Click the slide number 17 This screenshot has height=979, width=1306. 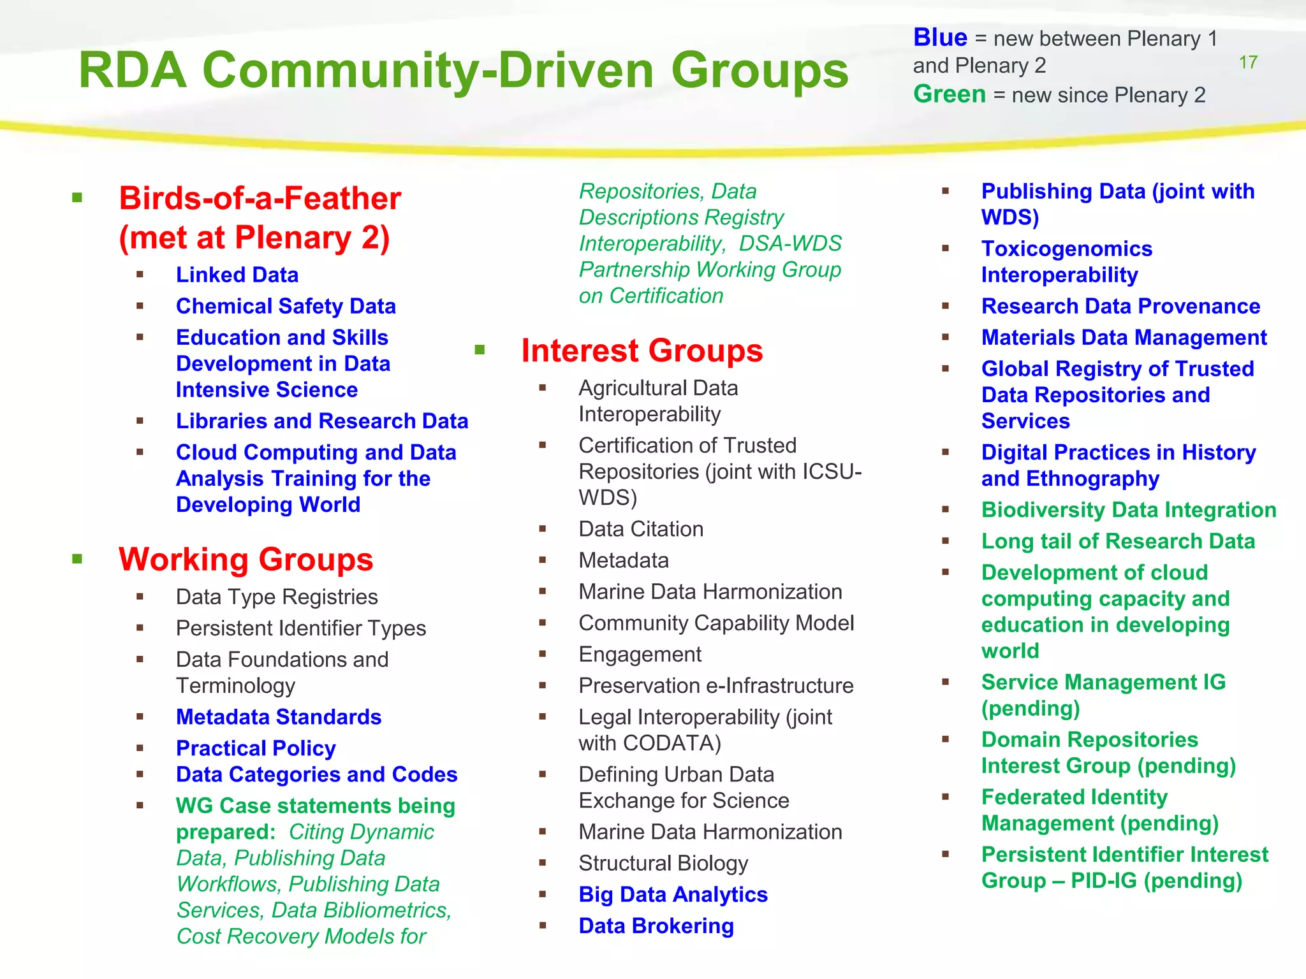[1248, 62]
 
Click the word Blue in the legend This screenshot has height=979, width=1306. [940, 38]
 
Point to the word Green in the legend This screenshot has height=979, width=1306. [949, 94]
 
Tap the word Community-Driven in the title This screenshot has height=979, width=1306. [428, 70]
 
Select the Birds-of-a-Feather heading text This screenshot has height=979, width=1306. [260, 198]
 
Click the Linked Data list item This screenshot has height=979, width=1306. [237, 275]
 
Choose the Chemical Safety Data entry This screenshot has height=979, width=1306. [286, 306]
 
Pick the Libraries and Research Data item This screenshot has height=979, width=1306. [322, 421]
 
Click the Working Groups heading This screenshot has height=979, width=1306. [246, 559]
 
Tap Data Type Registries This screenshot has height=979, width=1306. [277, 597]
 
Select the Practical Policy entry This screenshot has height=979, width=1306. [256, 748]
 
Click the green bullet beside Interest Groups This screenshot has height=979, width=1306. [480, 349]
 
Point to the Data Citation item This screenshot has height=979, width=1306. [641, 529]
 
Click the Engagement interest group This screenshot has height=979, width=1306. [640, 654]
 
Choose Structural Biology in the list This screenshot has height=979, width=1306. [663, 863]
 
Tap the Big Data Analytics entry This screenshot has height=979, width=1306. [673, 894]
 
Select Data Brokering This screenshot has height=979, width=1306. [656, 925]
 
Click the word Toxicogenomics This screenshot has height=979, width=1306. [1067, 249]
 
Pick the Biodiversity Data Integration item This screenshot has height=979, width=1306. [1129, 510]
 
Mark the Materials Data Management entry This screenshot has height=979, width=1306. [1124, 337]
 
